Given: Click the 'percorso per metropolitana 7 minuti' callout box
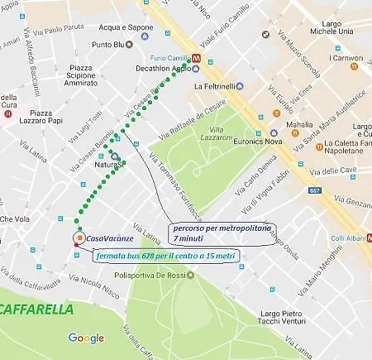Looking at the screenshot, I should point(222,231).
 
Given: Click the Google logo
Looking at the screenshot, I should point(86,338).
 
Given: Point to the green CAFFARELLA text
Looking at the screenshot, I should point(36,310).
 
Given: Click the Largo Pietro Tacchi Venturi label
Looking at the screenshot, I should point(286,318).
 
